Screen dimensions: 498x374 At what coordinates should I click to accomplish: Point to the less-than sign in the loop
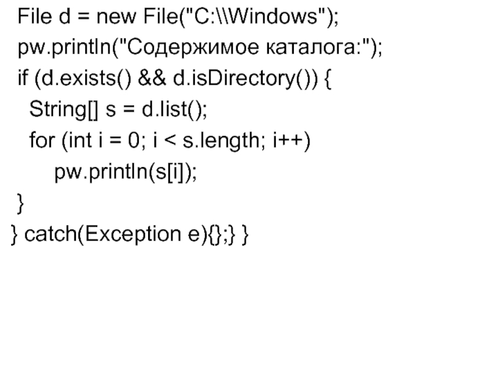[x=169, y=143]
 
